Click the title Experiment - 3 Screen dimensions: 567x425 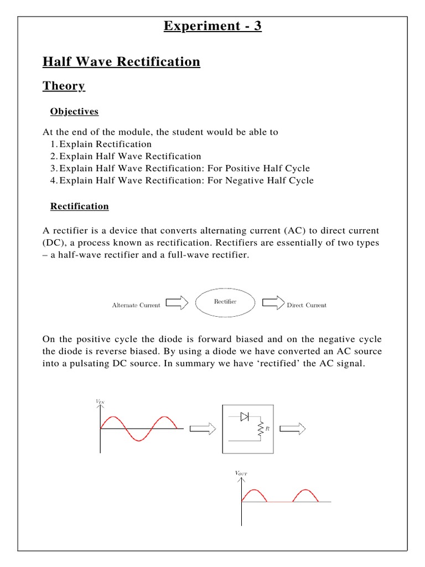(x=212, y=26)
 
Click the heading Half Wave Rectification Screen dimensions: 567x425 (x=121, y=61)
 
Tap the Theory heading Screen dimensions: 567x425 (x=64, y=86)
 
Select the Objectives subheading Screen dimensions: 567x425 (x=74, y=111)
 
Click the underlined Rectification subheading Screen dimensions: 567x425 (x=79, y=206)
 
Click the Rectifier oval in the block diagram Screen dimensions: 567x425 (x=225, y=302)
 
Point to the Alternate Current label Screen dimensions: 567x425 (x=136, y=305)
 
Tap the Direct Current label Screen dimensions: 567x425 (x=306, y=305)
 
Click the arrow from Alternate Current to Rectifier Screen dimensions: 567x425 (x=177, y=303)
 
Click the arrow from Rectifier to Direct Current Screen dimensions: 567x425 (x=273, y=303)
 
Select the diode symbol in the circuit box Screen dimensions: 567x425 (x=245, y=417)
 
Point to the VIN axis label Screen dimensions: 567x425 (x=100, y=402)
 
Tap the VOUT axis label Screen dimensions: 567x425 (x=241, y=474)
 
